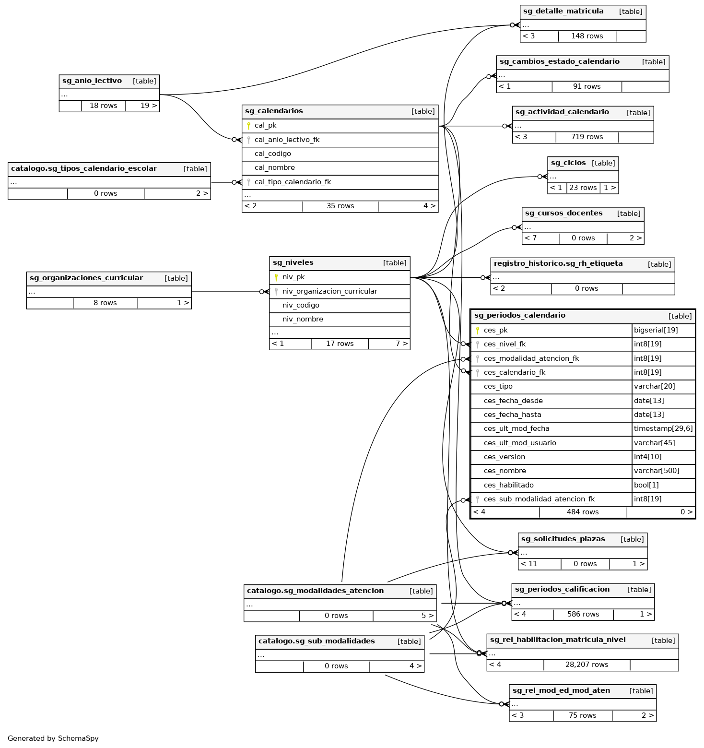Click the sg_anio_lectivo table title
coord(92,81)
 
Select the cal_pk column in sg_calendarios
coord(265,126)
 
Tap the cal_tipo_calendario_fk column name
coord(293,182)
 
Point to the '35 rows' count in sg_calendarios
coord(340,206)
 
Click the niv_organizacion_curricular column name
coord(329,292)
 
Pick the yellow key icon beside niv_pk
coord(276,277)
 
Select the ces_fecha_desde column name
coord(513,401)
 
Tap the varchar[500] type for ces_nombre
coord(657,471)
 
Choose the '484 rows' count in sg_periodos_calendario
coord(583,512)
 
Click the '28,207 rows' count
coord(587,665)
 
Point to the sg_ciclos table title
coord(568,163)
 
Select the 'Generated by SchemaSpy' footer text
coord(53,739)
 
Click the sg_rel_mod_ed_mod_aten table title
coord(561,691)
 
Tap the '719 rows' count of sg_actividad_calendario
coord(587,137)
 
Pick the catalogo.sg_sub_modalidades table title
coord(317,641)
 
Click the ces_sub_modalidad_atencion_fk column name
coord(539,499)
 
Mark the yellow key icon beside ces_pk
coord(478,331)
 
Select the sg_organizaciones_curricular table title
coord(86,278)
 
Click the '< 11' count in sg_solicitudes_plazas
coord(528,564)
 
